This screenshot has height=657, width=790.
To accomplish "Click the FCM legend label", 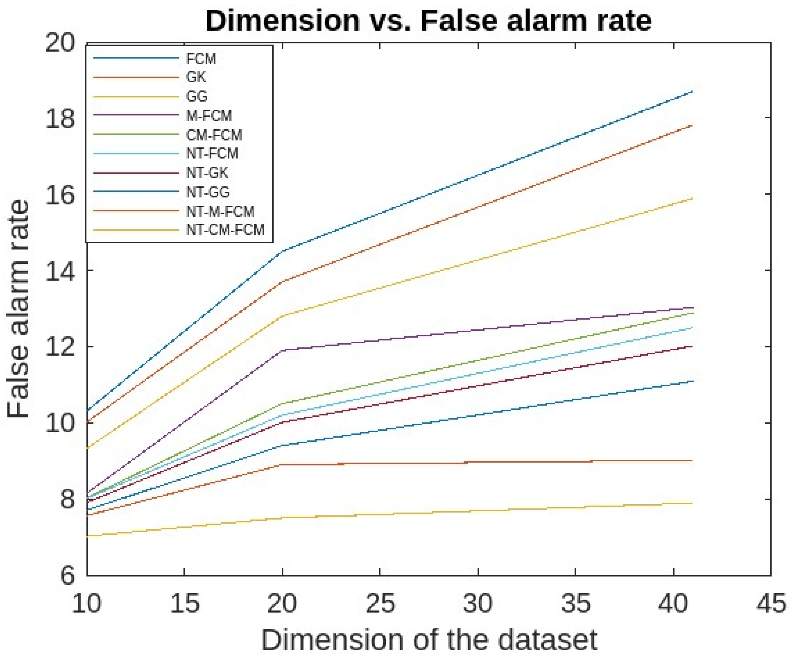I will [201, 59].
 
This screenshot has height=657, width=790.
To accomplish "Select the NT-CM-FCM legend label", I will [225, 229].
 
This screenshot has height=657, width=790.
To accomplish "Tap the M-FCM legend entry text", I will [209, 116].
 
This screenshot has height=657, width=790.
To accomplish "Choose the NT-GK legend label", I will [207, 173].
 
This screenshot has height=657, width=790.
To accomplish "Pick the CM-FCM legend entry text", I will [214, 135].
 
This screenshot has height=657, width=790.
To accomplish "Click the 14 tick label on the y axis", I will [60, 270].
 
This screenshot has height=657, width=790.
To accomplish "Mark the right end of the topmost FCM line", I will [692, 91].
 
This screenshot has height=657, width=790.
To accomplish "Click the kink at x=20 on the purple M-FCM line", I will [282, 350].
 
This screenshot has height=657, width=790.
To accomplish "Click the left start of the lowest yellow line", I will [87, 536].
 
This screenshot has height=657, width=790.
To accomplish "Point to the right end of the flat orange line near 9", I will [692, 460].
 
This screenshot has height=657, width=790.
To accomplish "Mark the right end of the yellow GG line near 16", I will [692, 198].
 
